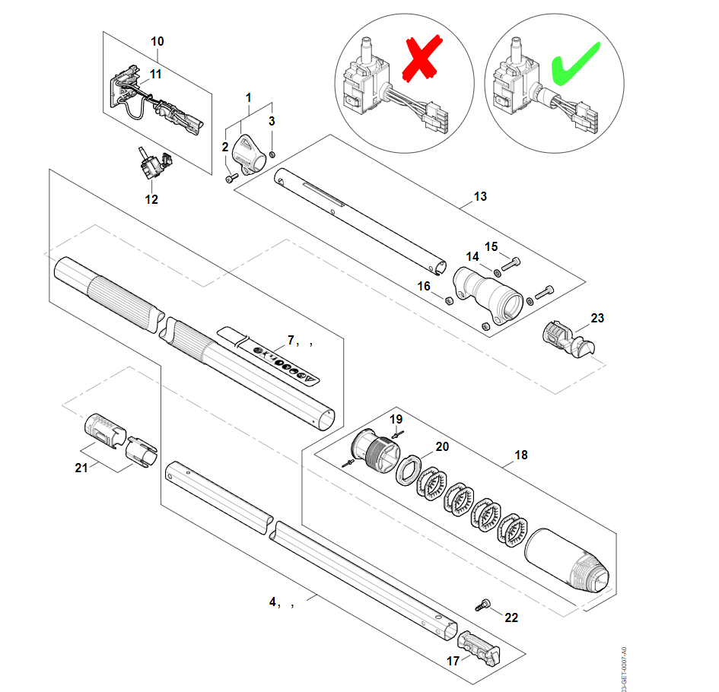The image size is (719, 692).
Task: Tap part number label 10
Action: coord(157,40)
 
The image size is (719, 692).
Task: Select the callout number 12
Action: coord(151,199)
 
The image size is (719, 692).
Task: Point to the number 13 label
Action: coord(480,197)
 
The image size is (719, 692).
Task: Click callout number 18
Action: coord(520,456)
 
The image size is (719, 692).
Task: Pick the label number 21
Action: coord(81,468)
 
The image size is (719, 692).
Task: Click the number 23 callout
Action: coord(597,318)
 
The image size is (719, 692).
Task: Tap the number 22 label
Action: coord(511,617)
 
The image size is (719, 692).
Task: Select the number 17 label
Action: coord(453,661)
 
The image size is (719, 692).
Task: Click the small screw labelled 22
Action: coord(482,604)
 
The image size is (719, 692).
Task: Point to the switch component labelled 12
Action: coord(153,163)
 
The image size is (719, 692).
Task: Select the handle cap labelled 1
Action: coord(249,151)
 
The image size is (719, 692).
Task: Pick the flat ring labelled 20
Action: coord(409,470)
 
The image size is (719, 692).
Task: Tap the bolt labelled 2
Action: coord(231,178)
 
